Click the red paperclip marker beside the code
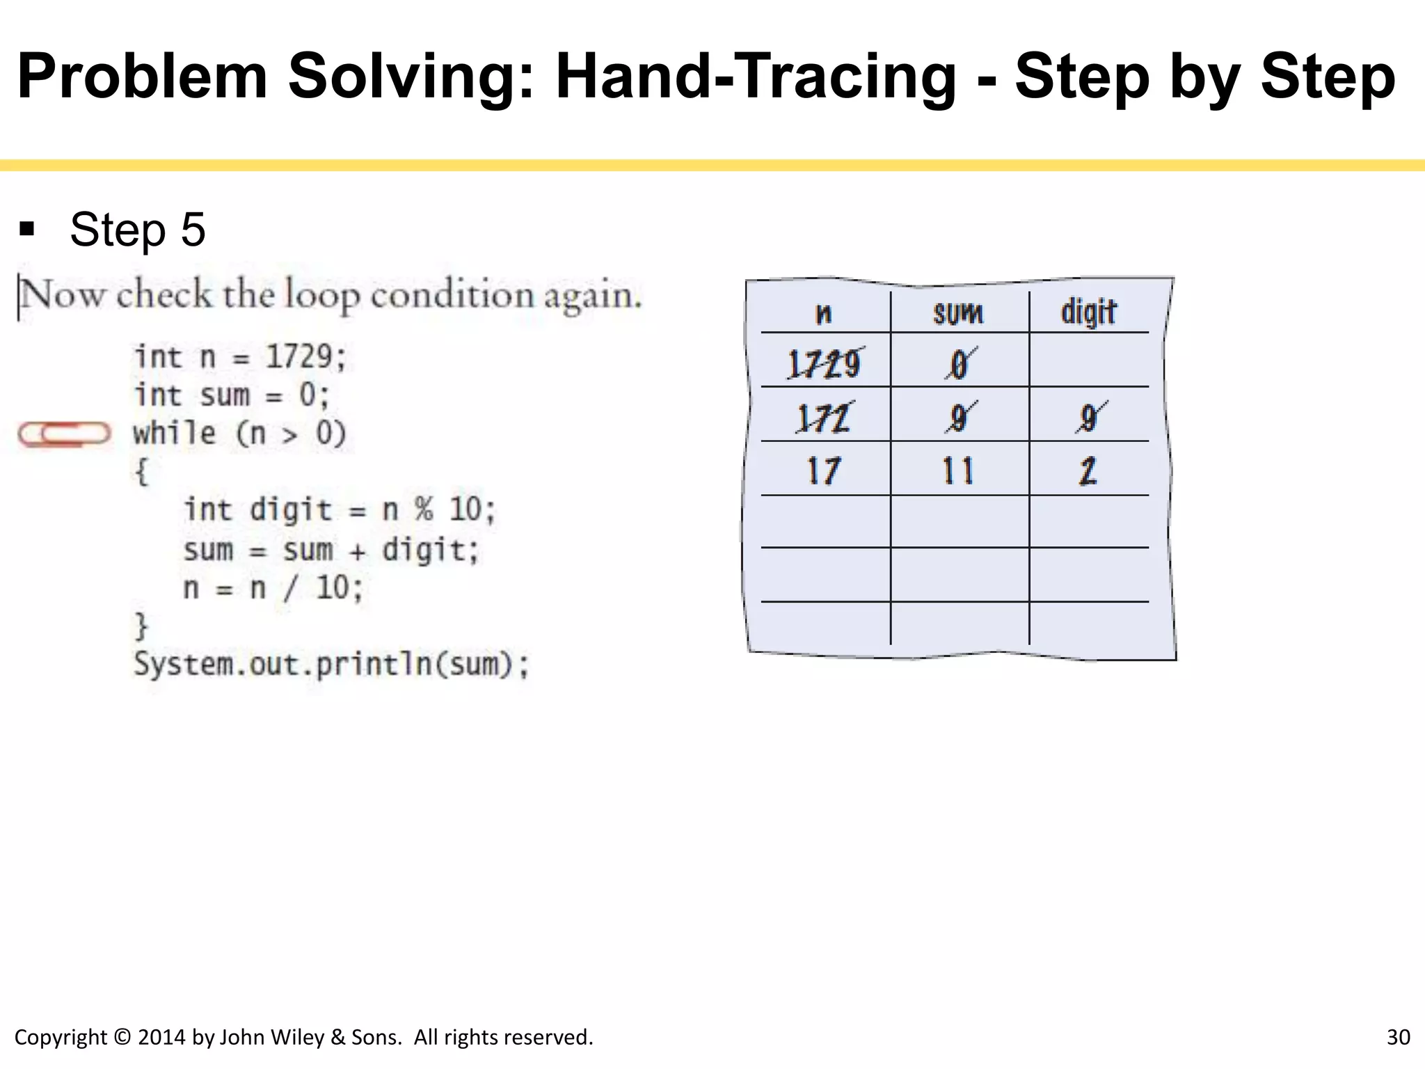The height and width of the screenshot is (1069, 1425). (x=64, y=434)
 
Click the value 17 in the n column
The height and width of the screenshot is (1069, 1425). (x=824, y=471)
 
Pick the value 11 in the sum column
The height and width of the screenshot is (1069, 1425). (x=958, y=471)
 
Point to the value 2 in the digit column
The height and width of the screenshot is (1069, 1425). (x=1088, y=471)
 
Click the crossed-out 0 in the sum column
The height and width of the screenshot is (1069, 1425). (x=960, y=363)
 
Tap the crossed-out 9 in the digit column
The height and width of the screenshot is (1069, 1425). (x=1090, y=418)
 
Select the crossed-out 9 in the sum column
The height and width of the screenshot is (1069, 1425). (x=960, y=418)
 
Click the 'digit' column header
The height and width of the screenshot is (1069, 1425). (x=1088, y=312)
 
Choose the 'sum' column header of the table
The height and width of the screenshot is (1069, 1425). (x=958, y=314)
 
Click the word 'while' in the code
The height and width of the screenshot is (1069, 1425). (x=175, y=433)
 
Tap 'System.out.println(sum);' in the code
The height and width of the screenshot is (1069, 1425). (x=331, y=664)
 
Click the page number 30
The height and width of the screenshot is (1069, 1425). (x=1398, y=1037)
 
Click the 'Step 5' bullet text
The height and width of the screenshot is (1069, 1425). (x=138, y=230)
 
